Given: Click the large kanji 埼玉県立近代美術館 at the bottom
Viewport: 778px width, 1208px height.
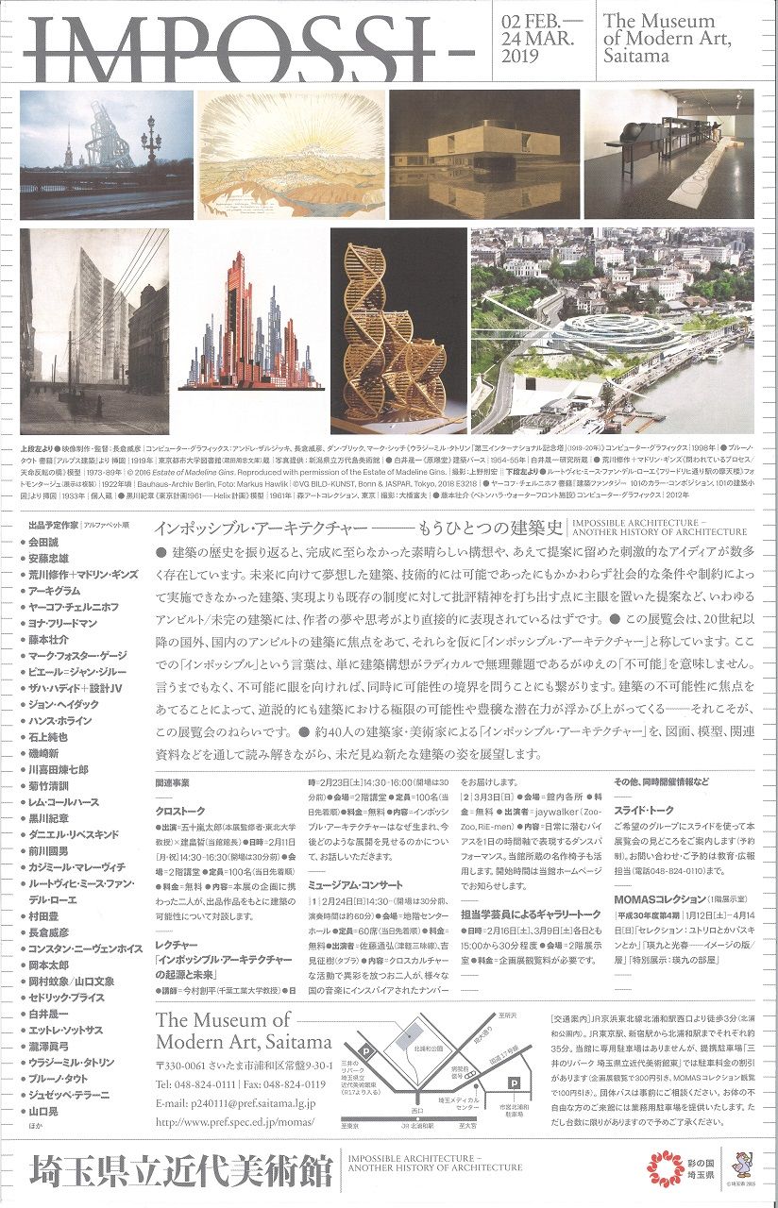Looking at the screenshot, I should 180,1173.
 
